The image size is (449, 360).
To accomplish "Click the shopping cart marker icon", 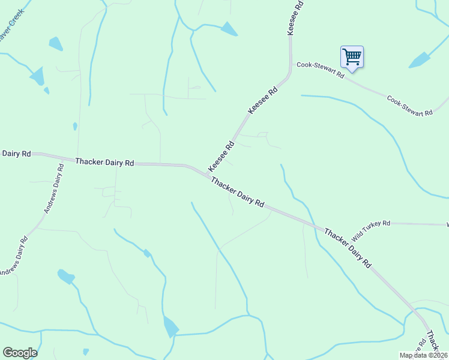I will pos(352,58).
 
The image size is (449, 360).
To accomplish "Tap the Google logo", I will pos(20,352).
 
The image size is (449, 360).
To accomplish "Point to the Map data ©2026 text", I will pos(423,355).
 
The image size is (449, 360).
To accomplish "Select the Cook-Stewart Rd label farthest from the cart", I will pos(410,106).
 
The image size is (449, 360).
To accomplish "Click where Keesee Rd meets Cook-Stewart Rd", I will pos(291,64).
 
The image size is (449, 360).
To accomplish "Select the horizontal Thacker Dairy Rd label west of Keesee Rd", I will pos(104,162).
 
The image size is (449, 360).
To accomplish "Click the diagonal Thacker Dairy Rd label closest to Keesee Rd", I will pos(238,192).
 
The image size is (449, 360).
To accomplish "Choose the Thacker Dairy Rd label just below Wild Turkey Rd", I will pos(348,247).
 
